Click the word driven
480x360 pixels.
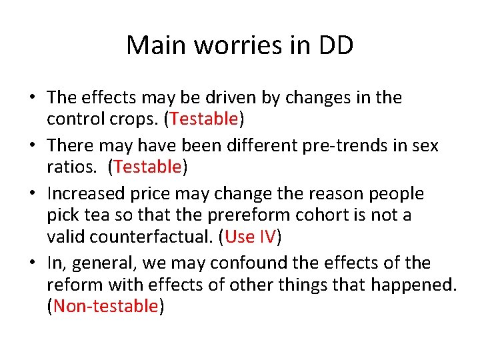tap(220, 97)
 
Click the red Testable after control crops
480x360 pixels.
tap(204, 119)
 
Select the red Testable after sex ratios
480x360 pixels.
tap(147, 167)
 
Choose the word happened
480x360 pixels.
tap(413, 285)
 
